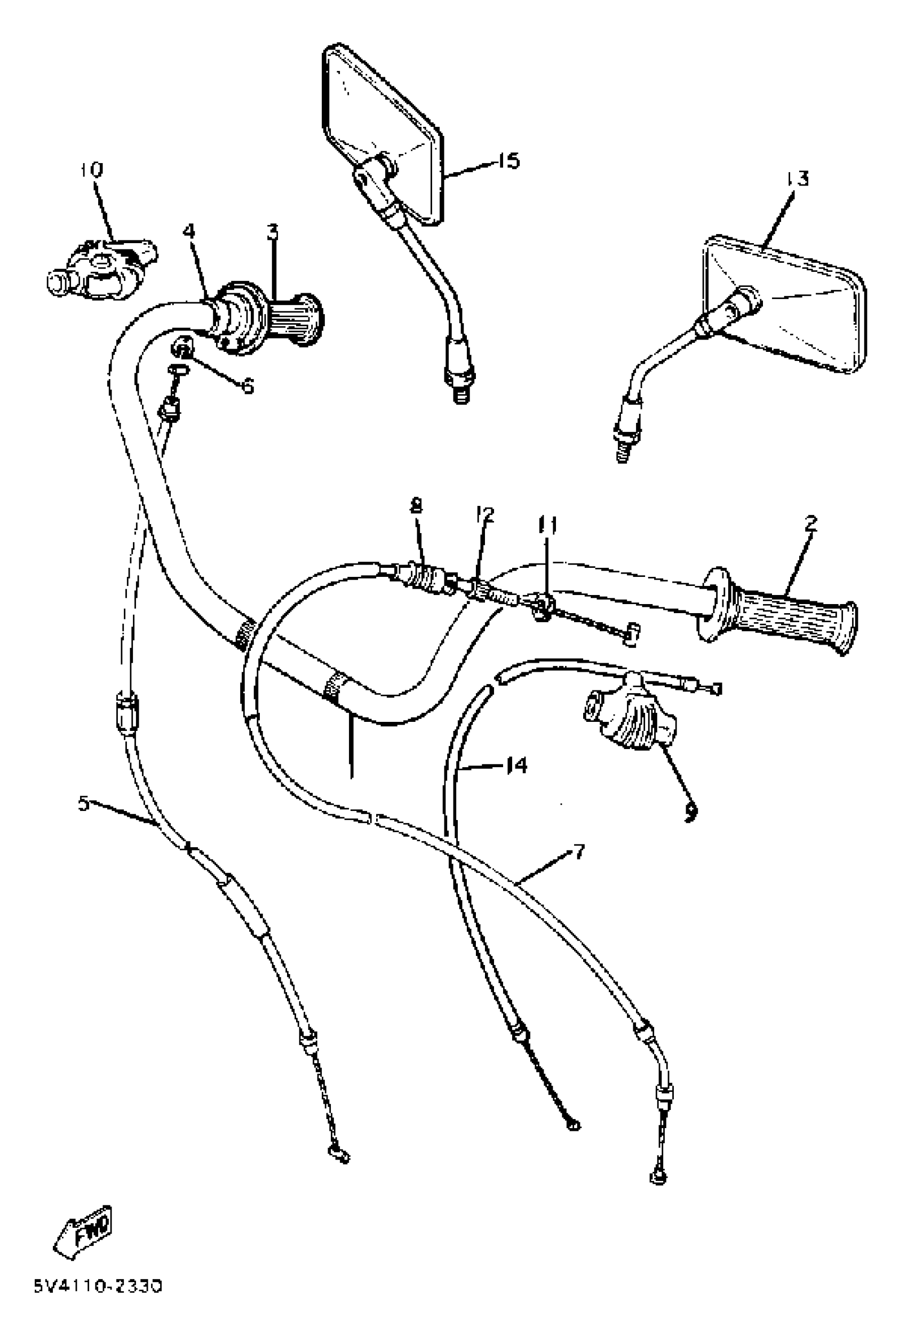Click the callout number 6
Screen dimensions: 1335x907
click(247, 386)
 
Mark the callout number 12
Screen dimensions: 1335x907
click(484, 514)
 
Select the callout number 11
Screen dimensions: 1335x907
click(547, 525)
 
